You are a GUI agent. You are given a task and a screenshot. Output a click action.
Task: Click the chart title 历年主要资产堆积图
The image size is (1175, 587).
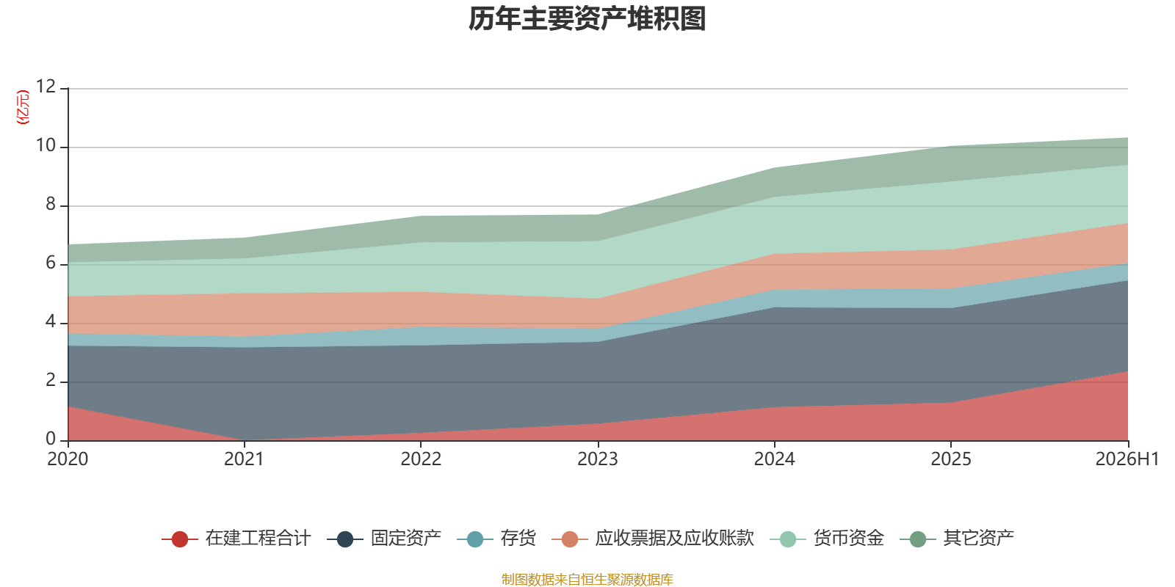[x=587, y=19]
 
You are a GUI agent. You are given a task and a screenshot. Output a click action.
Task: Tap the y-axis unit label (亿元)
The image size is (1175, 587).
[x=23, y=107]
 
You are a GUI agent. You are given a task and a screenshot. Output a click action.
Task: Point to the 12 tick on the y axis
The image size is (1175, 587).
[x=46, y=87]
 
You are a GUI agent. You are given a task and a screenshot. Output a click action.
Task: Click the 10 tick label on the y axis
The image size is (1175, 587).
[x=46, y=145]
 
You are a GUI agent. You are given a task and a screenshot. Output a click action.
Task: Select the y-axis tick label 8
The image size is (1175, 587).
[x=51, y=204]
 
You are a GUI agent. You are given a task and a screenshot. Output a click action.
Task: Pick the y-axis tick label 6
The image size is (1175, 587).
[x=51, y=263]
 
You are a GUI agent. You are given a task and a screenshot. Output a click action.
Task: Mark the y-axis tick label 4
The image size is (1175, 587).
[x=51, y=321]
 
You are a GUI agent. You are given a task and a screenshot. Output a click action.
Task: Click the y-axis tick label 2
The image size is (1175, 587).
[x=51, y=380]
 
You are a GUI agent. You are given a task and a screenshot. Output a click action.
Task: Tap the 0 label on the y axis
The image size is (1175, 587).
[x=51, y=439]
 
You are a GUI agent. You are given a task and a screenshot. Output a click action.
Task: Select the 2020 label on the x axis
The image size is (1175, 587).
[x=68, y=459]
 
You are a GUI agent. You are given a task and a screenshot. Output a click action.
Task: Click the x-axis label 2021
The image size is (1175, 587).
[x=244, y=459]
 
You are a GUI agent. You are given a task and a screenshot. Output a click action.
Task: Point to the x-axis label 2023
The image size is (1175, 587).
[x=598, y=459]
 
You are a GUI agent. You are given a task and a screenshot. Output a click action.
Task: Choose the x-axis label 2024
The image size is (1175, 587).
[x=774, y=459]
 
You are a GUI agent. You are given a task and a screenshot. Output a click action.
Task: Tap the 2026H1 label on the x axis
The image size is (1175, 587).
[x=1127, y=459]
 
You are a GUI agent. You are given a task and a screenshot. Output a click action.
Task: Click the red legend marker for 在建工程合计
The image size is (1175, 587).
[x=180, y=539]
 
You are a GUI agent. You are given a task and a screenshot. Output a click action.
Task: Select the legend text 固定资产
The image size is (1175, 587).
[x=406, y=539]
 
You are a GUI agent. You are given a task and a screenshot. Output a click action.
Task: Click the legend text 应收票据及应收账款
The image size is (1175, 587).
[x=675, y=539]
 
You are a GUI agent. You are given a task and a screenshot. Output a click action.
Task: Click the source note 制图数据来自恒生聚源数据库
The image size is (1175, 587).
[x=587, y=579]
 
